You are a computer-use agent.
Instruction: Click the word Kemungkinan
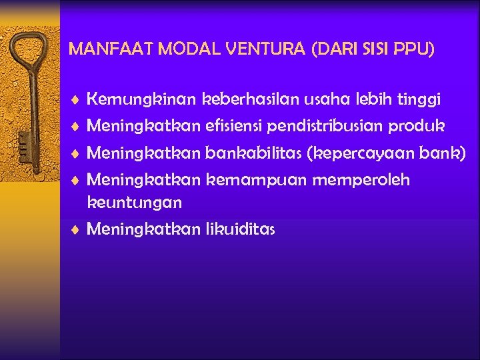click(x=141, y=100)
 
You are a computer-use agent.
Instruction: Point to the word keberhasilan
click(x=250, y=100)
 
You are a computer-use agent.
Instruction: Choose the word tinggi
click(x=419, y=100)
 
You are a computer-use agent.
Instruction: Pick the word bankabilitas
click(x=253, y=153)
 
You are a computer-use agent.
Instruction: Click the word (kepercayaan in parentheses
click(x=361, y=153)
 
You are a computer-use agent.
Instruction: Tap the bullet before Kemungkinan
click(x=75, y=101)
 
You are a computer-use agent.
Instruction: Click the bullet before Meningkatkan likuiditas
click(x=75, y=230)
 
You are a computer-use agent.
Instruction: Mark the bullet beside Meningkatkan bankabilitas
click(x=75, y=154)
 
